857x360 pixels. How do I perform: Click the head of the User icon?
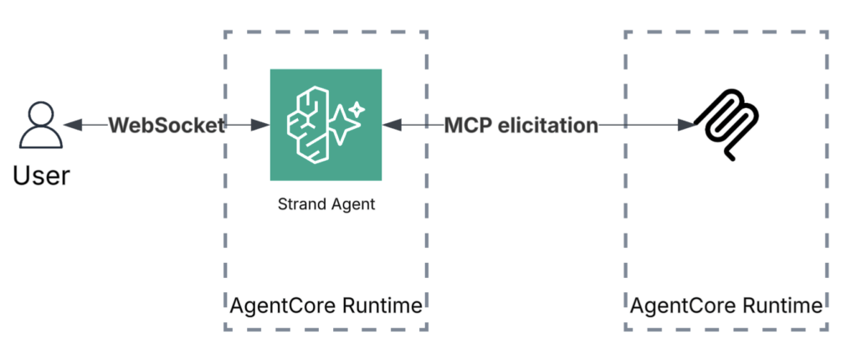click(39, 115)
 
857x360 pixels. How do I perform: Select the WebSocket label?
click(167, 126)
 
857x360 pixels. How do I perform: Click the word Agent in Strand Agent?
click(352, 204)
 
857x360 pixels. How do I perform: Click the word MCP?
click(467, 126)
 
